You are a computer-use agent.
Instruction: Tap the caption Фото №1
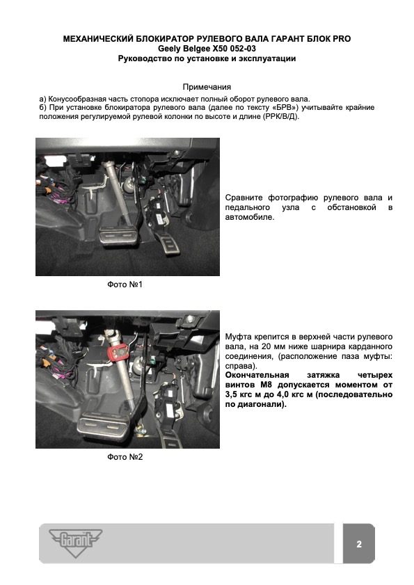(x=125, y=285)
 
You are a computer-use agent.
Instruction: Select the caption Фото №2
(x=125, y=457)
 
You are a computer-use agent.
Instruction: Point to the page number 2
(x=359, y=544)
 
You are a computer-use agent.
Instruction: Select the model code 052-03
(x=243, y=49)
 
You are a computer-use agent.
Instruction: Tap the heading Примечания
(x=207, y=87)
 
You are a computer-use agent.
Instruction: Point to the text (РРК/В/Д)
(x=280, y=117)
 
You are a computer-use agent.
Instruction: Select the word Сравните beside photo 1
(x=244, y=198)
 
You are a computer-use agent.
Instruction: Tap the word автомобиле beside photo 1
(x=250, y=217)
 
